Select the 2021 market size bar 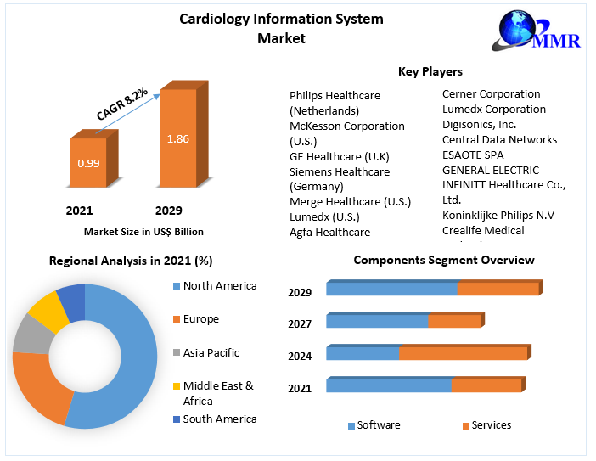coord(88,162)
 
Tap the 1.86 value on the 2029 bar coord(177,138)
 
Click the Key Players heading coord(430,71)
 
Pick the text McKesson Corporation coord(346,126)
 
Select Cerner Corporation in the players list coord(491,93)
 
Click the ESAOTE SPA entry coord(472,155)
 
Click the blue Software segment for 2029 coord(391,289)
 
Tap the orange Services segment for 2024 coord(463,353)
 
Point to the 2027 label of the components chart coord(300,323)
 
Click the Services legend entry coord(491,424)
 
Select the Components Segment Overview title coord(443,260)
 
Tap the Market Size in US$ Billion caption coord(143,231)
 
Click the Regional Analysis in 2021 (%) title coord(130,261)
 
